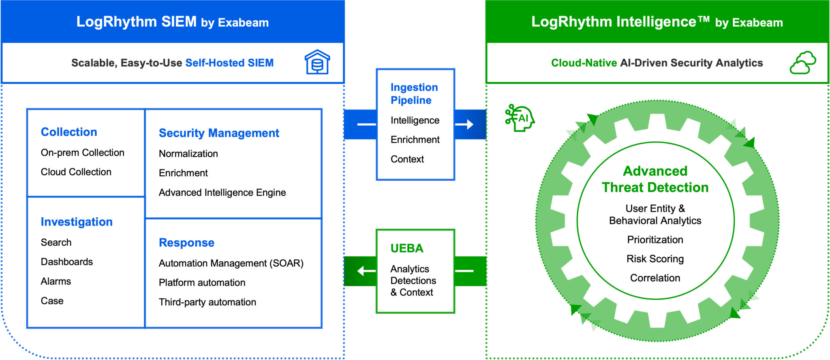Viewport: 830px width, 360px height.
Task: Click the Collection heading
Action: pos(69,132)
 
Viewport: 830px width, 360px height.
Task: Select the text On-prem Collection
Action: pos(82,153)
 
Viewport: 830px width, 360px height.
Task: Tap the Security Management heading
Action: pos(219,133)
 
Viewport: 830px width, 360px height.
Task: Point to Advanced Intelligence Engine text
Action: pos(222,193)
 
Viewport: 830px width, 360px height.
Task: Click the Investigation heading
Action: pos(77,222)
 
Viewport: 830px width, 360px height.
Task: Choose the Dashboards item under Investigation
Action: pos(67,262)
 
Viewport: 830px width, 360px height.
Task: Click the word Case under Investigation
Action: pos(52,301)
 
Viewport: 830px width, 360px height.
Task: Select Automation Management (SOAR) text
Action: pos(231,264)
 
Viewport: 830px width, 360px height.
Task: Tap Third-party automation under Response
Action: pos(207,302)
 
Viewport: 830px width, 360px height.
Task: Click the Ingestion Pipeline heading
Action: pos(414,94)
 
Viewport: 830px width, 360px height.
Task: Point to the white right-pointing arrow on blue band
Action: pos(464,124)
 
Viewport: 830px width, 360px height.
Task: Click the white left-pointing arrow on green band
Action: pos(366,271)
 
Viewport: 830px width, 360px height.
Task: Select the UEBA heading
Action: pos(407,248)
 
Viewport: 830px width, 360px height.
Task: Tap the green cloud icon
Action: pos(802,63)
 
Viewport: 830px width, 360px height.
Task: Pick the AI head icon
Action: pos(520,118)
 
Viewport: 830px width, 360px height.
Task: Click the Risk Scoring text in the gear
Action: pos(655,259)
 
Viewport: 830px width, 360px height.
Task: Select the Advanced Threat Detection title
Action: pos(655,179)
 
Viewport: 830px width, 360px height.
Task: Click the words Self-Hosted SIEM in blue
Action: pos(229,63)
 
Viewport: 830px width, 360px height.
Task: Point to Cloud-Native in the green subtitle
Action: pos(584,63)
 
